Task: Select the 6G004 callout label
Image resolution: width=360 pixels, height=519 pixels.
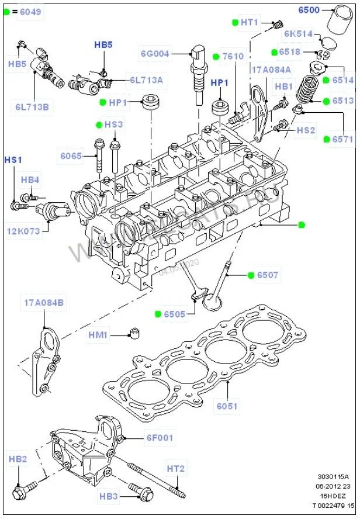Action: (155, 54)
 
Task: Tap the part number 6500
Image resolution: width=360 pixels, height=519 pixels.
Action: (308, 10)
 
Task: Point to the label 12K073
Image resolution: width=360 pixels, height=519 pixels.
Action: (23, 231)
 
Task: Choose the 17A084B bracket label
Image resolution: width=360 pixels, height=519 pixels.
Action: (44, 303)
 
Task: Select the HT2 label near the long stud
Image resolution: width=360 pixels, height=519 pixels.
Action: (175, 468)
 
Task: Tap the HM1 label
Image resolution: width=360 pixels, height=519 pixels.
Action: (98, 335)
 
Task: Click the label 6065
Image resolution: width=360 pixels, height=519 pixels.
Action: (71, 156)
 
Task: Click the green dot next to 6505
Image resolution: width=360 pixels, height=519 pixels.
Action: (158, 314)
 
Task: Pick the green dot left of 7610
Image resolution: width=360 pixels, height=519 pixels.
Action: (216, 57)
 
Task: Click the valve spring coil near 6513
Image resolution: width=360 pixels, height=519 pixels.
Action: (310, 94)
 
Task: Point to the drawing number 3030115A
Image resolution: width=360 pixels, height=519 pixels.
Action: (333, 476)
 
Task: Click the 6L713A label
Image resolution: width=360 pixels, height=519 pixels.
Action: (146, 79)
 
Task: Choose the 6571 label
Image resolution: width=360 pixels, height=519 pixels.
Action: (344, 139)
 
